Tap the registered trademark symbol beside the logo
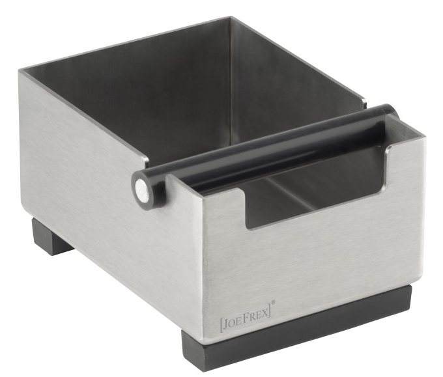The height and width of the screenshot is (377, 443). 273,303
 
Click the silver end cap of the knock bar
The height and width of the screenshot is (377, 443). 141,188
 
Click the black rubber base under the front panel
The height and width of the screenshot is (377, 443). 296,326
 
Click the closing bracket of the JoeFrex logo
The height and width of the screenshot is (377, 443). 270,310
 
